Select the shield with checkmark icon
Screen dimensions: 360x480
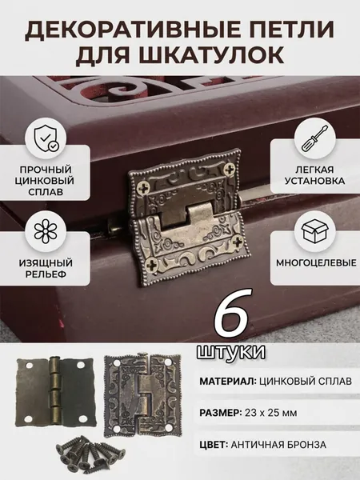46,138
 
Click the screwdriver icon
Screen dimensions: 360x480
315,138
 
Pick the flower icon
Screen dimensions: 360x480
46,230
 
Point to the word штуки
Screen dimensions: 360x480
231,352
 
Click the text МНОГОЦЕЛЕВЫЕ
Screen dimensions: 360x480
316,262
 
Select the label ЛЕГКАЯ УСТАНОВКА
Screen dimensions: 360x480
315,174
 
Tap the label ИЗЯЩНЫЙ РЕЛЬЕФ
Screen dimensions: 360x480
46,268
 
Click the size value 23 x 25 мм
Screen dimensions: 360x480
270,413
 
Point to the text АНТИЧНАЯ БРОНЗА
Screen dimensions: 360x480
278,445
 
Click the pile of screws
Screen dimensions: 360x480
90,451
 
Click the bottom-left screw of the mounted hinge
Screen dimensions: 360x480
151,265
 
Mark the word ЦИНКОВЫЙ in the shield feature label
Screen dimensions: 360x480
44,180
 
